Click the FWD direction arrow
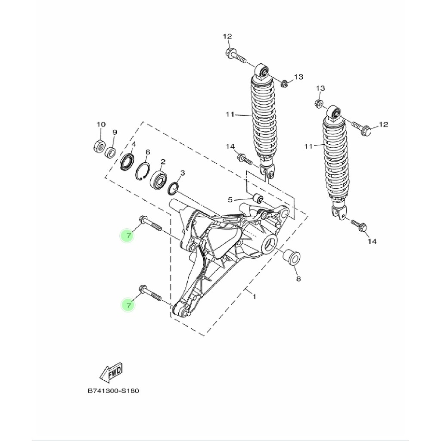coord(112,373)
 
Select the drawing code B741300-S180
coord(113,391)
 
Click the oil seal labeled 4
coord(127,161)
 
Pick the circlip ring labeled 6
coord(143,171)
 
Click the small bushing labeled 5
coord(258,198)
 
